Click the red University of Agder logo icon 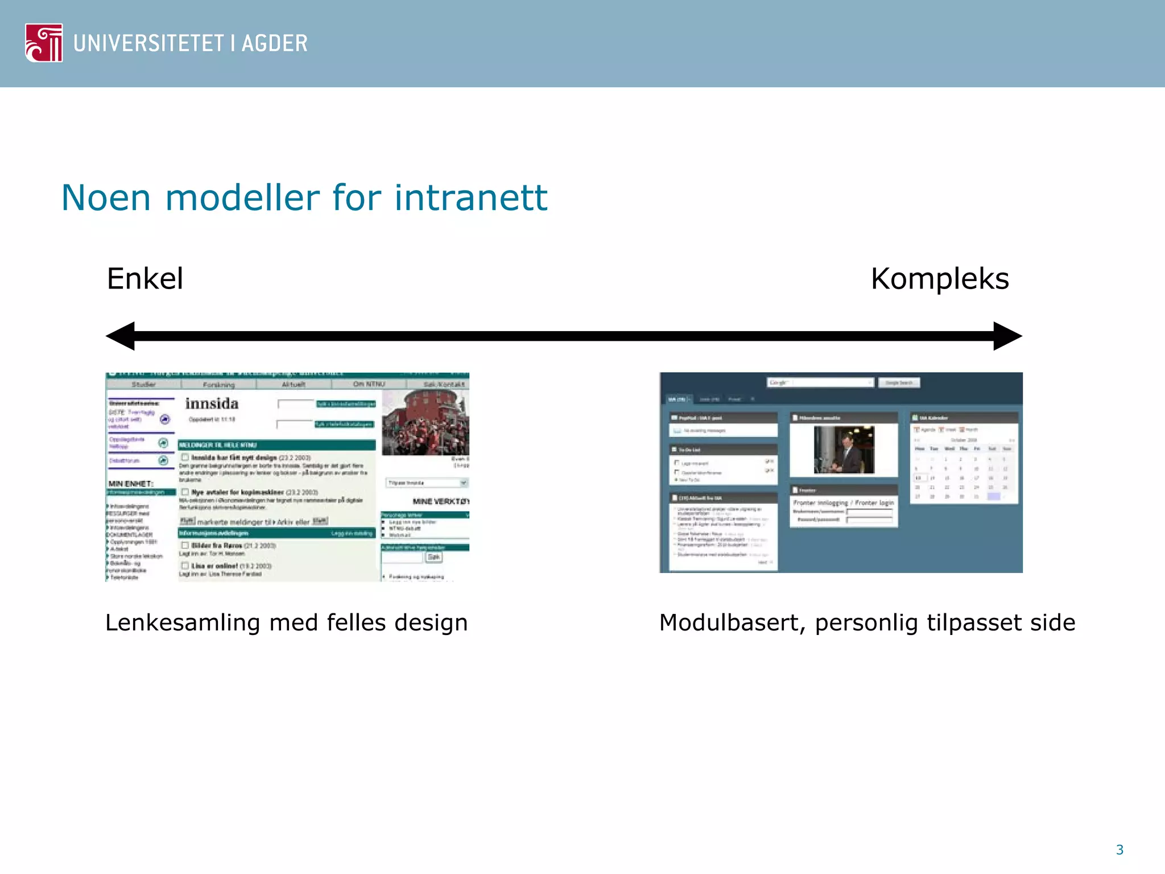[44, 43]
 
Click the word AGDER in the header [275, 44]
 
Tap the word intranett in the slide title [470, 198]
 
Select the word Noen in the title [106, 198]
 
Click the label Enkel [145, 279]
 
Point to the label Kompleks [940, 279]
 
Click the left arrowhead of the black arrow [121, 336]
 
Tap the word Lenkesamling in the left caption [182, 622]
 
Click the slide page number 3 [1119, 850]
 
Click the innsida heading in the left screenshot [212, 403]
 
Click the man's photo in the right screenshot [844, 450]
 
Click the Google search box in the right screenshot [820, 382]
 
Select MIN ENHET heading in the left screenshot [130, 484]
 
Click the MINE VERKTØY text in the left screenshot [440, 501]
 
